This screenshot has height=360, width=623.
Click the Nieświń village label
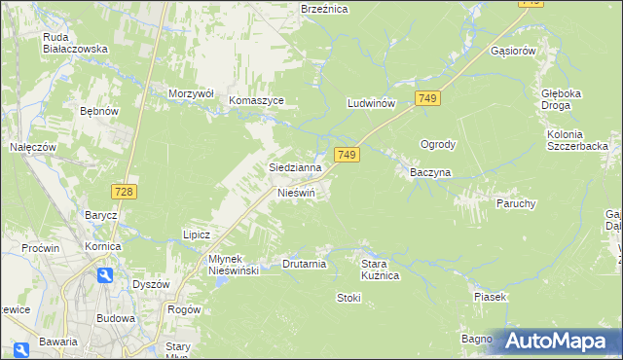[x=298, y=193]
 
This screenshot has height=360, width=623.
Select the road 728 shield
[x=123, y=193]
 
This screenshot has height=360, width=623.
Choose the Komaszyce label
[x=256, y=100]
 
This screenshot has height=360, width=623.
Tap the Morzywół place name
[x=191, y=92]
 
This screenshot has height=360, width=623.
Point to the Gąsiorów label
[x=515, y=51]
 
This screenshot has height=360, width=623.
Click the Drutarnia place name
[x=304, y=264]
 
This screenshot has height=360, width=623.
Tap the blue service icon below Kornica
[x=105, y=275]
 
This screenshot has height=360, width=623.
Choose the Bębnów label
[x=99, y=112]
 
